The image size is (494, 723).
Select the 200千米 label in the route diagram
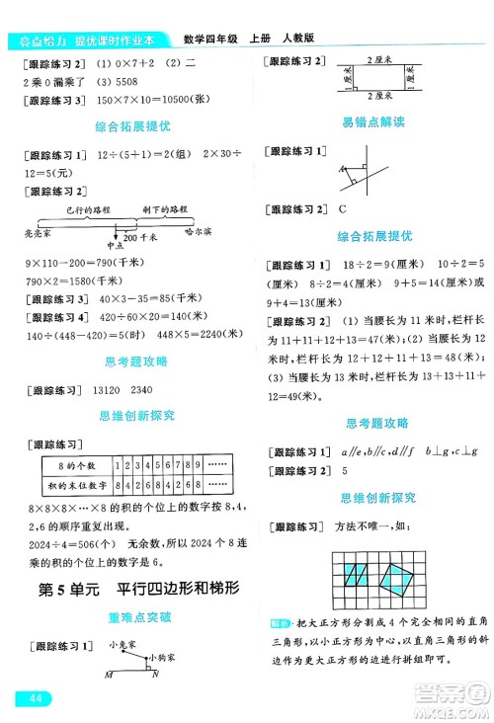(140, 238)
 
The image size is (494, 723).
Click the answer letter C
(343, 208)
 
